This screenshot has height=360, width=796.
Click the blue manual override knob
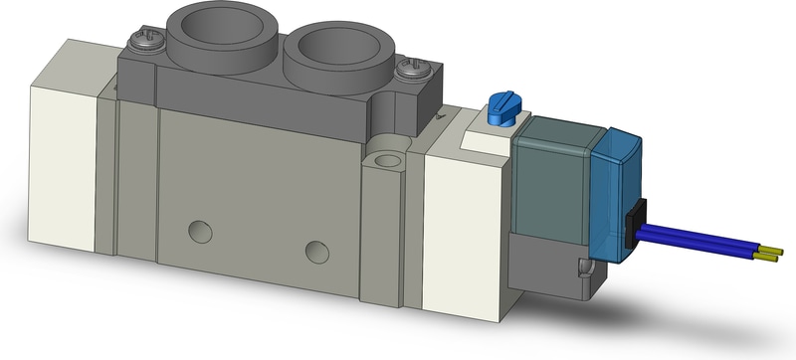click(500, 105)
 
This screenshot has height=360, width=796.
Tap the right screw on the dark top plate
click(409, 69)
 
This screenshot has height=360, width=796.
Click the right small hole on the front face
click(317, 249)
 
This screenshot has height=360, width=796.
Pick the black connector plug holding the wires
click(638, 221)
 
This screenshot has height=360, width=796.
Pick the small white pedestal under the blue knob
click(488, 133)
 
